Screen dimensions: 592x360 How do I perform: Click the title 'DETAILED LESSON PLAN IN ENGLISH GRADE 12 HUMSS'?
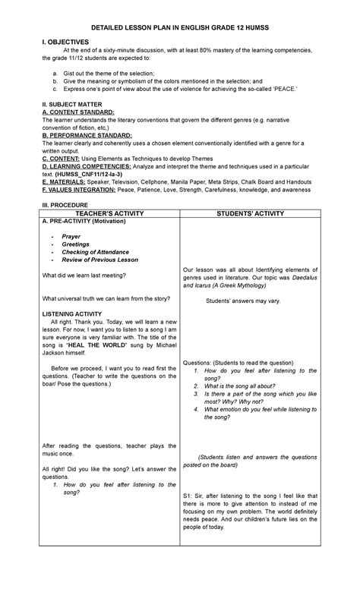[x=180, y=27]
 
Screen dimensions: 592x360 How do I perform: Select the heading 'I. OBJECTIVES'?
[x=68, y=42]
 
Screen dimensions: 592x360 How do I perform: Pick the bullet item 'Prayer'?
[x=71, y=236]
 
